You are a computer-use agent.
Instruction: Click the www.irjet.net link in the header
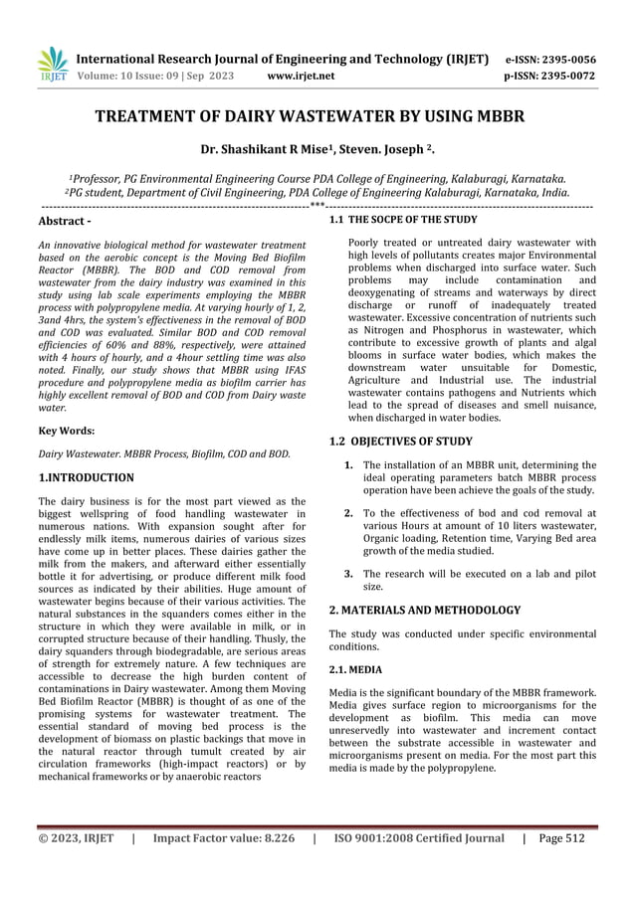click(302, 75)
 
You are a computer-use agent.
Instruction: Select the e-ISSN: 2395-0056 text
click(562, 59)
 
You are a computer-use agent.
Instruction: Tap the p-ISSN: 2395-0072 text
click(562, 75)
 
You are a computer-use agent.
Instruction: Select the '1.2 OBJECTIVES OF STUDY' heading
click(400, 441)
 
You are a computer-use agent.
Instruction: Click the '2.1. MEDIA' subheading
click(355, 669)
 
